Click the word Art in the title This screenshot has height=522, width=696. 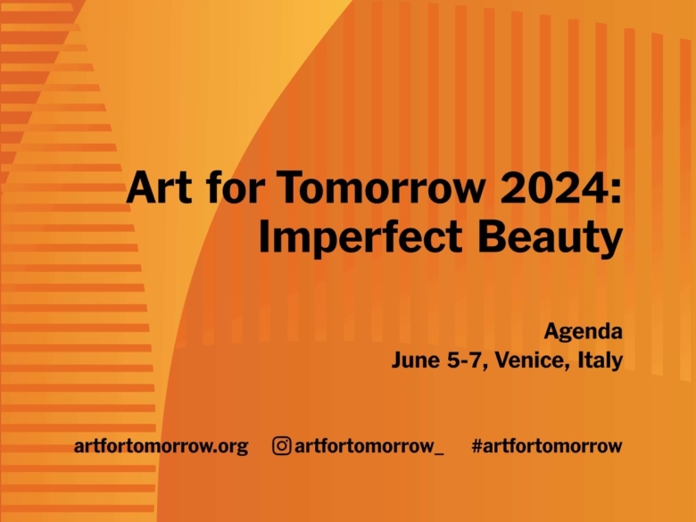tap(159, 186)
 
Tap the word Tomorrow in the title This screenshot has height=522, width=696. tap(380, 186)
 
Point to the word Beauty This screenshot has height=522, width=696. tap(551, 237)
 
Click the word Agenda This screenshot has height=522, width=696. tap(584, 332)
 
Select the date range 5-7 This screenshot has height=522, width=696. tap(464, 360)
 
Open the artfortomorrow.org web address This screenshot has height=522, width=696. tap(162, 446)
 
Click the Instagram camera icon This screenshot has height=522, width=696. tap(281, 445)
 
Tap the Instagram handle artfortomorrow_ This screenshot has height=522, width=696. tap(369, 446)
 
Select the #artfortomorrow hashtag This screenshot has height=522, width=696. tap(547, 445)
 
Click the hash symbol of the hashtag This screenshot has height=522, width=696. tap(477, 445)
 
